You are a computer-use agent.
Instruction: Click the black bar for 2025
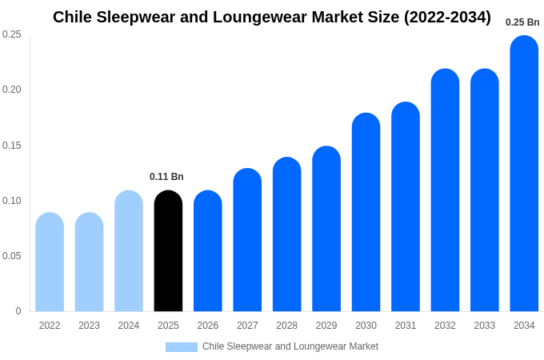point(168,251)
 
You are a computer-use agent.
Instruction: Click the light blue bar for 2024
point(129,251)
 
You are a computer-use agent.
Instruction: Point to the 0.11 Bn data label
point(166,177)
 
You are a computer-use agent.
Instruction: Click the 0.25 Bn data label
point(522,22)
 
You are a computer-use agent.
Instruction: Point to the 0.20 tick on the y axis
point(12,90)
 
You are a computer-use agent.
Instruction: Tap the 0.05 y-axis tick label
point(12,256)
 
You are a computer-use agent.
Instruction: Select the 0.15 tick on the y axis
point(12,146)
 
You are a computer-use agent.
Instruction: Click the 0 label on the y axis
point(18,311)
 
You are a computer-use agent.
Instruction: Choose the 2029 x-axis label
point(326,326)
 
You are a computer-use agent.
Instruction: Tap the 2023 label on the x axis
point(89,326)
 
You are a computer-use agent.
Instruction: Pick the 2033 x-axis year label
point(484,326)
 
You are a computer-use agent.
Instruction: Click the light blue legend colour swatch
point(181,347)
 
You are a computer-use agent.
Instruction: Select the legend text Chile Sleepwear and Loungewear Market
point(290,346)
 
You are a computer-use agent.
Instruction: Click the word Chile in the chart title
point(74,17)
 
